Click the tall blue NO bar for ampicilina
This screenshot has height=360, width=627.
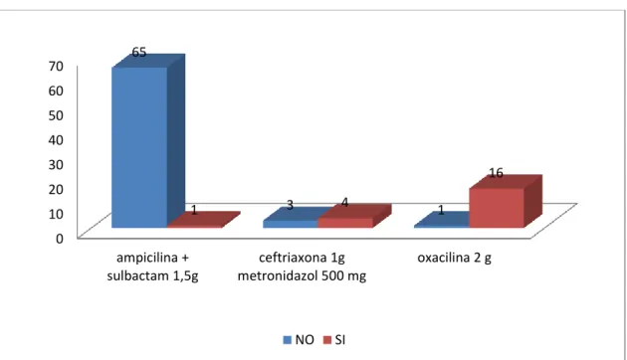148,140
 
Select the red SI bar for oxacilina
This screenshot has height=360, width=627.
506,201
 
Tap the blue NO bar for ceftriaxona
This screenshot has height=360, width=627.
295,219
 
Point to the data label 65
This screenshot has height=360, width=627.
139,53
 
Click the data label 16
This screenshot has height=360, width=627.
496,173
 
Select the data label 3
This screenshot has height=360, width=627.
290,205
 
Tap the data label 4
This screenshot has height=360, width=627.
344,203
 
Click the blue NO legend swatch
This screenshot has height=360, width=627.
287,340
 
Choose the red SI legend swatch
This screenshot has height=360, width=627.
327,340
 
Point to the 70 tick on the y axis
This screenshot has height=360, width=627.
56,66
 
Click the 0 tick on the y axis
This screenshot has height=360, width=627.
60,239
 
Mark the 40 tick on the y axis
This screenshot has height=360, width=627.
56,140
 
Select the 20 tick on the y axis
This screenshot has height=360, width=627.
56,189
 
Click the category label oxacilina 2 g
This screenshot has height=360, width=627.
454,259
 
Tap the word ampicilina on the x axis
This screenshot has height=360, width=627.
146,259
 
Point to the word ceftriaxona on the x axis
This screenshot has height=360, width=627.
293,258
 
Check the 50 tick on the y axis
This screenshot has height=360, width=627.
56,115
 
